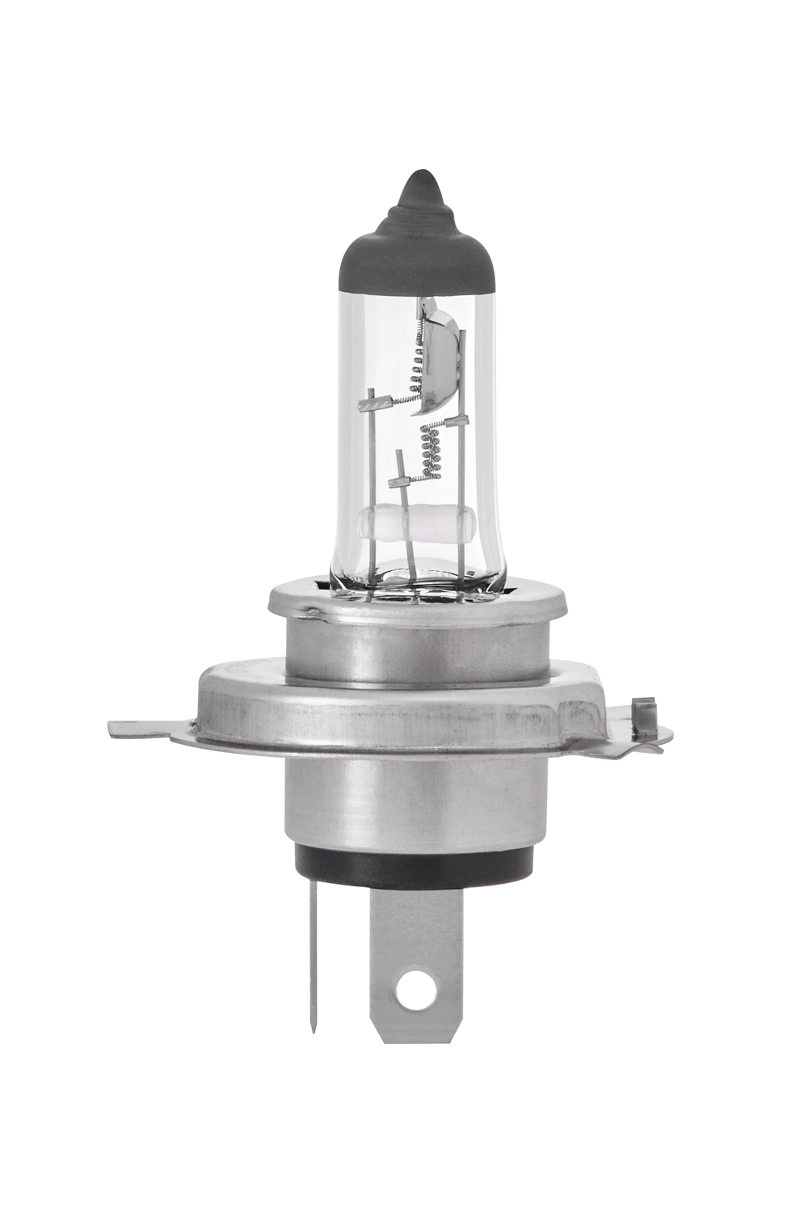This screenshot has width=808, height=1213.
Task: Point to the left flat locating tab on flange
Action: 149,729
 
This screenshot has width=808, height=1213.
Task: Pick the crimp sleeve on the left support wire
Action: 372,401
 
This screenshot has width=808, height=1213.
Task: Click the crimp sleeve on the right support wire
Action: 461,421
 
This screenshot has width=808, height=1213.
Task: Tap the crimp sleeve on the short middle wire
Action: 400,482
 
